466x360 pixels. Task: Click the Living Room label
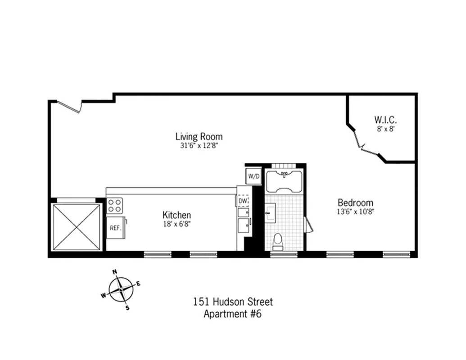coord(199,136)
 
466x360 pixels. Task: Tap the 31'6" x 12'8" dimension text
coord(199,146)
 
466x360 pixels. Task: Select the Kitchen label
coord(176,215)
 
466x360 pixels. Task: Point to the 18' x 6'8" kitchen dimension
coord(176,224)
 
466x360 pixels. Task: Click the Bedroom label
coord(355,202)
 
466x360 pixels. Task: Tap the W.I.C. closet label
coord(385,120)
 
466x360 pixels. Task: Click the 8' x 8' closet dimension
coord(385,129)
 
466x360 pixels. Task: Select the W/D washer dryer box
coord(253,176)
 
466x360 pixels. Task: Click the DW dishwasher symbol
coord(243,201)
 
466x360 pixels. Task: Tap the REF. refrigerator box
coord(116,228)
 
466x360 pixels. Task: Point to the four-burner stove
coord(114,206)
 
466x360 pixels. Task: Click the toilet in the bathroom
coord(278,242)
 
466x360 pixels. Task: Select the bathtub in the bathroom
coord(284,181)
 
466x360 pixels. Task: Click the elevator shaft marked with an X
coord(76,227)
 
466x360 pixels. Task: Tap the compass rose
coord(121,289)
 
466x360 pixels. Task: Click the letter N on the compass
coord(115,272)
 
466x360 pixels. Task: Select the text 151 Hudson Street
coord(233,302)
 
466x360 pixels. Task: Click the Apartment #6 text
coord(232,314)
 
